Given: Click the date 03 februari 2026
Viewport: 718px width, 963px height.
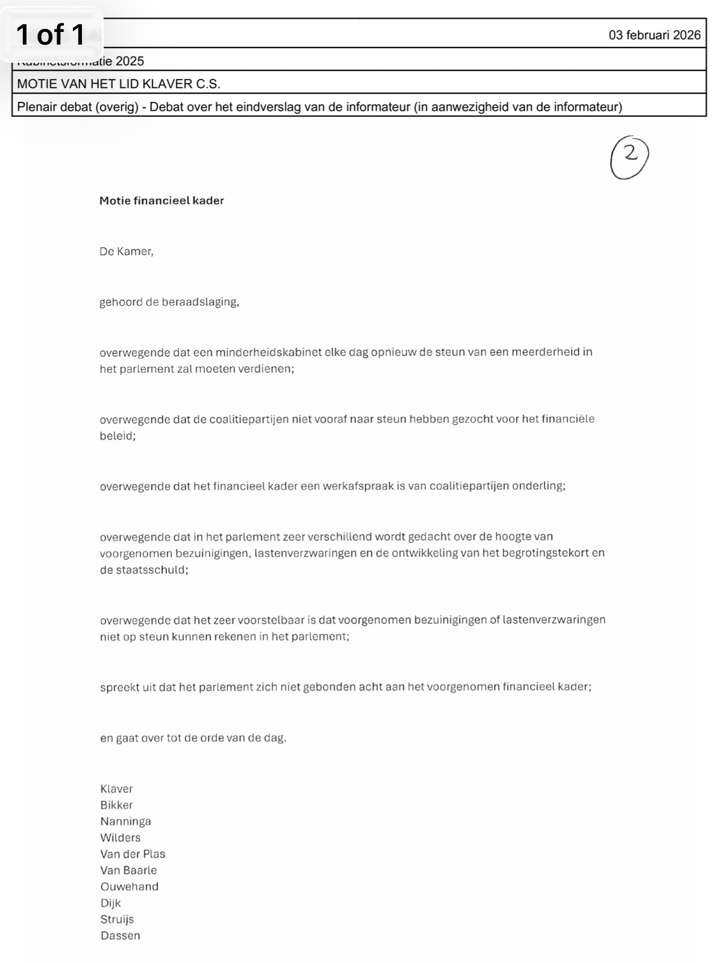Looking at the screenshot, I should (x=654, y=35).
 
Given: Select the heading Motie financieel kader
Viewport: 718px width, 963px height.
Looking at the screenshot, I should (x=162, y=201).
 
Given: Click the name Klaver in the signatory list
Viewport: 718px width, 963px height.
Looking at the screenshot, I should (x=116, y=789).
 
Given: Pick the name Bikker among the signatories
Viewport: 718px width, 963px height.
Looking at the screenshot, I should (x=116, y=805).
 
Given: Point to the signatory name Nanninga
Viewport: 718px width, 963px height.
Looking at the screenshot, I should (x=125, y=821).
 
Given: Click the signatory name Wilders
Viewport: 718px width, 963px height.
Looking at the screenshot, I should (x=120, y=838).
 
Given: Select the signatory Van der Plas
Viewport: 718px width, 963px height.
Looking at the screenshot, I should (x=133, y=854).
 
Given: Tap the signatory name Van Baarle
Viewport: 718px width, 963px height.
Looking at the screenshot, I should (x=128, y=870).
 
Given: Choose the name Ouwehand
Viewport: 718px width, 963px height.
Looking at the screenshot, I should (x=129, y=886).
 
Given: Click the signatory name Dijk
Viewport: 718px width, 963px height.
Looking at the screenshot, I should (x=110, y=903).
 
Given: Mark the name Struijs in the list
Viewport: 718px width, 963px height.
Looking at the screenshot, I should (x=117, y=919).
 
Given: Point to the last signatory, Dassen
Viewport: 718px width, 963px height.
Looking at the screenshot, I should (x=120, y=935).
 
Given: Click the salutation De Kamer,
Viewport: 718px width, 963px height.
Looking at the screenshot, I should (x=127, y=251).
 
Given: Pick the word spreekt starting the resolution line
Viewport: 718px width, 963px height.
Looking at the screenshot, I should (x=119, y=687).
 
